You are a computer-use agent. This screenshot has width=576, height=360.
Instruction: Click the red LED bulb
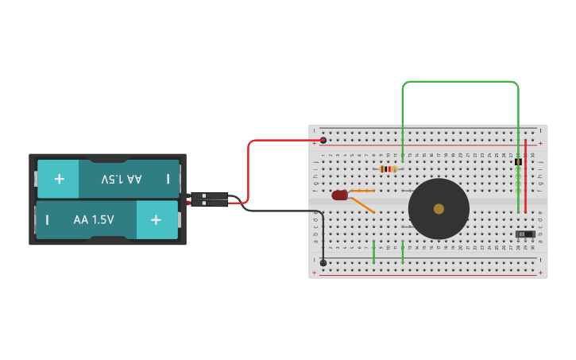339,195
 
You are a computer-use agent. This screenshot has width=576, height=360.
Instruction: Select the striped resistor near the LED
388,168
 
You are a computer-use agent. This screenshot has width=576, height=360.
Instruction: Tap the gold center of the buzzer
439,209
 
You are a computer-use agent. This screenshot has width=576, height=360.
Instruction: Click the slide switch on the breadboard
524,234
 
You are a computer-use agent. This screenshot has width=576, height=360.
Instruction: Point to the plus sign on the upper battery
59,179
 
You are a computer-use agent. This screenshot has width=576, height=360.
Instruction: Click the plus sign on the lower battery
156,219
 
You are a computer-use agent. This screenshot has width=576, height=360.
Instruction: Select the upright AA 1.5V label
94,219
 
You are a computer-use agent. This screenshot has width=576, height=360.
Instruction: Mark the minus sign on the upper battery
168,180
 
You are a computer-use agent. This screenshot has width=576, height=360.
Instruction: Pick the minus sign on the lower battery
47,219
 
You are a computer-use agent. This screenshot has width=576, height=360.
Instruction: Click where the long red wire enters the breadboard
323,141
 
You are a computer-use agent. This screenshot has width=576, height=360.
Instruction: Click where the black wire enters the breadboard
323,262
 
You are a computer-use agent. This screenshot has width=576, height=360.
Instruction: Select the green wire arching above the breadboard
461,82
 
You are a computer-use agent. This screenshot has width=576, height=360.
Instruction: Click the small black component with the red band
518,162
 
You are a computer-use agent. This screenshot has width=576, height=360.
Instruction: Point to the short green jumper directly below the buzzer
403,252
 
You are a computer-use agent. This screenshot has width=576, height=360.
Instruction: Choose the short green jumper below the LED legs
373,252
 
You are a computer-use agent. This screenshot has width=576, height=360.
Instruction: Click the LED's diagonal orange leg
362,205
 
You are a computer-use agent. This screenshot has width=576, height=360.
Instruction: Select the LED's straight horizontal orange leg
362,191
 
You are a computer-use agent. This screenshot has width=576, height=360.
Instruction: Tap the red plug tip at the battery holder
190,203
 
